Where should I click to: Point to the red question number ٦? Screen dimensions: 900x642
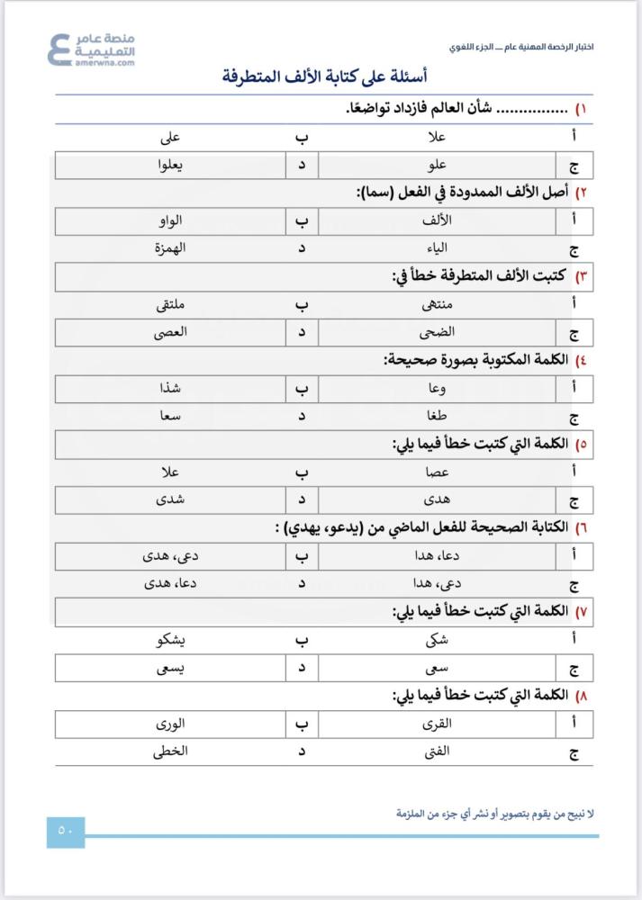pyautogui.click(x=582, y=527)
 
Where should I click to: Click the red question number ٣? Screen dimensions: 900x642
pyautogui.click(x=582, y=277)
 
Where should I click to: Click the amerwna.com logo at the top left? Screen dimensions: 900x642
pyautogui.click(x=91, y=49)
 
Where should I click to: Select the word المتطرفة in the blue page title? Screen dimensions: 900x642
pyautogui.click(x=256, y=76)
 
